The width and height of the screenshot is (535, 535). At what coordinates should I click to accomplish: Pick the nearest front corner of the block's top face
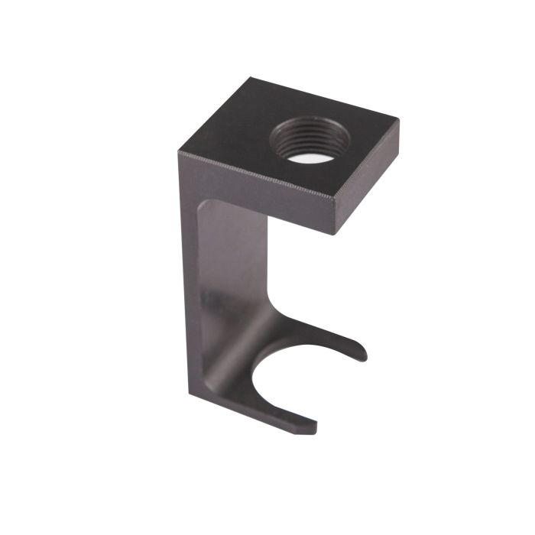335,197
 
